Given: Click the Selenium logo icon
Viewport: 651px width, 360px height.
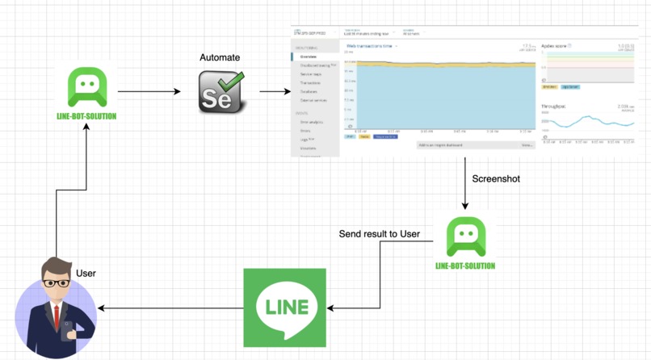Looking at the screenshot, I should [221, 91].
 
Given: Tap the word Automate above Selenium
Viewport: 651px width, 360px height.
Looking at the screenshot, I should [220, 58].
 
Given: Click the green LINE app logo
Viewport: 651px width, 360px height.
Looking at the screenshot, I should [285, 308].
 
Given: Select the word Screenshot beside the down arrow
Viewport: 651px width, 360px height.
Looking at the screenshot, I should [497, 178].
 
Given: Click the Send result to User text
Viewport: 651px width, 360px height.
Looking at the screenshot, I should [379, 234].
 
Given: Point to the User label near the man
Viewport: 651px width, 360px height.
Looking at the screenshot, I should [86, 274].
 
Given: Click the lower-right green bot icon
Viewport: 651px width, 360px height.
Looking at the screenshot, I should [466, 237].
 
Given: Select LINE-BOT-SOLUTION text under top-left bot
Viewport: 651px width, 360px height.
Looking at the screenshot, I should [91, 116].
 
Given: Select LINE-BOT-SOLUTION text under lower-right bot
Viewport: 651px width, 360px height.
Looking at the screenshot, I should [465, 266].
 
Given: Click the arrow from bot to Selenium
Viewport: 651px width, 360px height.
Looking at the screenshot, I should [149, 92].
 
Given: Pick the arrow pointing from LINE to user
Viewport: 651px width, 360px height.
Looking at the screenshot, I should [170, 308].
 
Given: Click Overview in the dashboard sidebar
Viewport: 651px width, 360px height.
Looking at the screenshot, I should [309, 57].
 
